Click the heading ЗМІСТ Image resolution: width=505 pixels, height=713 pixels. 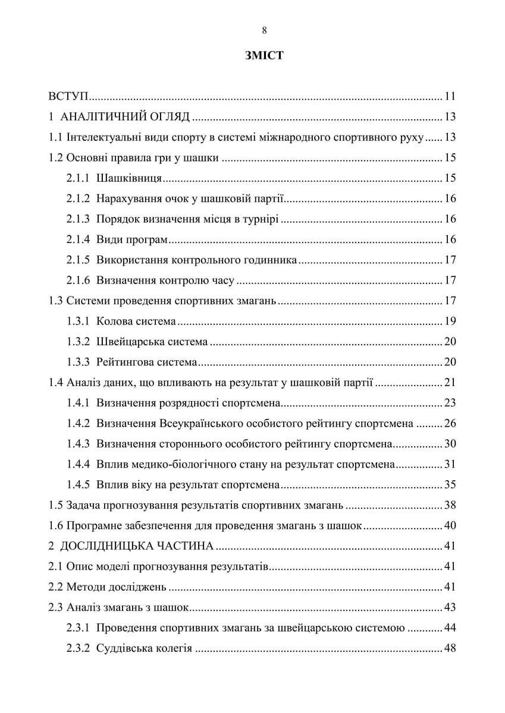click(264, 56)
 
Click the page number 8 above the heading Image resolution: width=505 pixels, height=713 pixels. click(264, 31)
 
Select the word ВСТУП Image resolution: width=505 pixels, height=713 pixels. click(68, 97)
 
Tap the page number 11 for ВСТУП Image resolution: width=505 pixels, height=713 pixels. click(450, 97)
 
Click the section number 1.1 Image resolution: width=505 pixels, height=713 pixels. click(55, 138)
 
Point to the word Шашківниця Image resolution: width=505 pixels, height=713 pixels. click(129, 178)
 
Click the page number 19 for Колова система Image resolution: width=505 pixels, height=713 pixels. click(450, 321)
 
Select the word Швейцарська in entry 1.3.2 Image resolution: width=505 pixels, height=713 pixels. click(129, 342)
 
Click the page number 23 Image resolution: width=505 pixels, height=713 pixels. click(450, 403)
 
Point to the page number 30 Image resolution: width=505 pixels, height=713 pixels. click(450, 444)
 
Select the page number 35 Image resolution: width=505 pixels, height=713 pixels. click(450, 484)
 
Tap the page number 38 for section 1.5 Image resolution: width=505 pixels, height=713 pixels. click(450, 506)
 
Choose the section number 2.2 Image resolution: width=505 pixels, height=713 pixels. click(55, 587)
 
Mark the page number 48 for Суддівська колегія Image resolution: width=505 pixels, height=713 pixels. click(450, 648)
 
